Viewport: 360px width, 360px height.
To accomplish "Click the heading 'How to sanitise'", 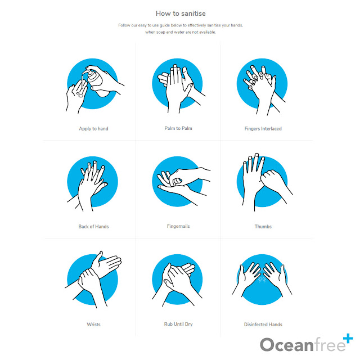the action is pos(181,13).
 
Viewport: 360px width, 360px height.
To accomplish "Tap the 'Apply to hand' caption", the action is pos(93,129).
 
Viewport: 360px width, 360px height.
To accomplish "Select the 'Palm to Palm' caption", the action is pos(178,128).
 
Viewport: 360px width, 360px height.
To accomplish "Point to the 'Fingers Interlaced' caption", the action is pos(263,129).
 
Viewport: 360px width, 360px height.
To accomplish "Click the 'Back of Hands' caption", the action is pos(93,227).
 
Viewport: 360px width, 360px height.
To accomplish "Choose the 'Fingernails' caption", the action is pos(178,226).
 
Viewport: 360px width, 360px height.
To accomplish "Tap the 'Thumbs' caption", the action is pos(263,227).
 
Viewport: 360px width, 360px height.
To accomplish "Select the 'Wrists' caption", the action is pos(93,325).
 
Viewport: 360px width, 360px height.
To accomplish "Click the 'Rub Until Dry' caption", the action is pos(178,324).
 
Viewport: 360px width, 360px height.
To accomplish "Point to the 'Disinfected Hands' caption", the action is pos(263,325).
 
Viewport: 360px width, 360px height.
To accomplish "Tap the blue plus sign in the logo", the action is pos(348,339).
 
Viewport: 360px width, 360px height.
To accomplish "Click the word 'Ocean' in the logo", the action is pos(286,345).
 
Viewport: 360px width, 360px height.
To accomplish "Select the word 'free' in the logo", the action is pos(330,344).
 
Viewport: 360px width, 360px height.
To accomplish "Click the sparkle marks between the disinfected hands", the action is pos(262,279).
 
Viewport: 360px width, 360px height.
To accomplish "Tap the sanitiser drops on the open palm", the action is pos(79,94).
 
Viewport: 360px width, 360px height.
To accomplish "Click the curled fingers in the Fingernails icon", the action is pos(176,181).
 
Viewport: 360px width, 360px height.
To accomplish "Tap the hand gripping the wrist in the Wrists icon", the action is pos(89,281).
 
